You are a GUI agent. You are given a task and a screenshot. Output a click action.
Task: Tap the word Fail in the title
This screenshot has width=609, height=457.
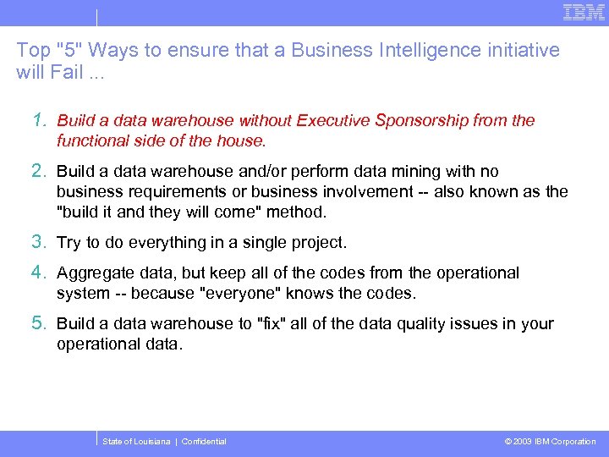tap(69, 72)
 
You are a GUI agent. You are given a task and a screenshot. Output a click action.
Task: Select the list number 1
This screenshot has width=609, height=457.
tap(40, 120)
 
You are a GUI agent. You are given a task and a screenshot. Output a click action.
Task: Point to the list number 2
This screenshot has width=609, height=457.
tap(40, 171)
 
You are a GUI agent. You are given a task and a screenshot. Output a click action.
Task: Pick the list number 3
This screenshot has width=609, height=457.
tap(40, 242)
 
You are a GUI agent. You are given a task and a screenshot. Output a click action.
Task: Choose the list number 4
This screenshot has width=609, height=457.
tap(40, 273)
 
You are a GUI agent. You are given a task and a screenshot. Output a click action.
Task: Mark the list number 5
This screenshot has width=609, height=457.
tap(40, 323)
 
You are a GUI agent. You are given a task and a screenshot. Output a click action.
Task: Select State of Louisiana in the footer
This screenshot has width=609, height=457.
tap(135, 442)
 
